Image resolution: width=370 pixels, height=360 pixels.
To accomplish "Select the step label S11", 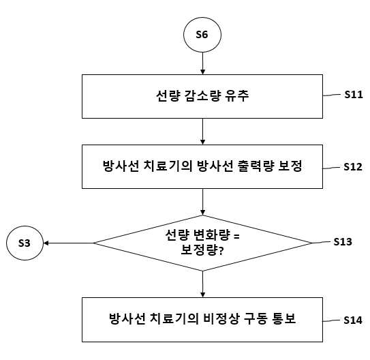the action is coord(354,94).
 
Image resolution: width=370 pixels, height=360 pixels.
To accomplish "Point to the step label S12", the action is coord(353,167).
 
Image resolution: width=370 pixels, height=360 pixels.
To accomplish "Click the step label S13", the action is coord(343,242).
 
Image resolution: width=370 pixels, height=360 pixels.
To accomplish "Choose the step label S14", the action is coord(353,320).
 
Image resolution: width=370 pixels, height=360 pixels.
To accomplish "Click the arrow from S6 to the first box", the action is coord(202,63).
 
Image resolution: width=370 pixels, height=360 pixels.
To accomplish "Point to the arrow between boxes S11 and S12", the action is coord(202,132).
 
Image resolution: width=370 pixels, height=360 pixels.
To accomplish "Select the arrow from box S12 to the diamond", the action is coord(202,202).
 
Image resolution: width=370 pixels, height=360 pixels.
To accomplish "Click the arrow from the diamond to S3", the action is coord(69,243).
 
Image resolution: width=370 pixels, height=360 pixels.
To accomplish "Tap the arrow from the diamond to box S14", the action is coord(202,284).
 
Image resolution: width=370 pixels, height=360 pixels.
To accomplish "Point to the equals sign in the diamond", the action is coord(236,236).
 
